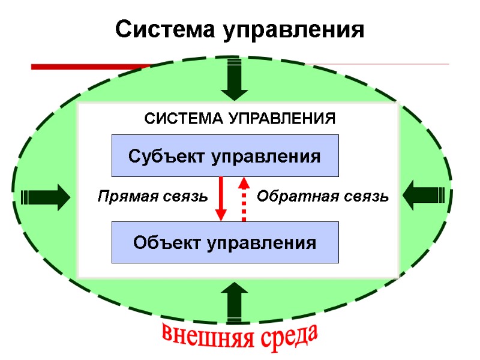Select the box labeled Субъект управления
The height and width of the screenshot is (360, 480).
tap(225, 156)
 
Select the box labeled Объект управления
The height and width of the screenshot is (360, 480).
tap(225, 242)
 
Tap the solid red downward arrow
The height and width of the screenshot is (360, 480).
tap(221, 198)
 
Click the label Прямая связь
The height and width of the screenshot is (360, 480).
tap(152, 196)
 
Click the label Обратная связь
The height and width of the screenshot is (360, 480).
tap(323, 196)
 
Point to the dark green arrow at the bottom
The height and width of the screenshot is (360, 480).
tap(234, 302)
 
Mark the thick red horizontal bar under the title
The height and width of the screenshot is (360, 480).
tap(90, 67)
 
